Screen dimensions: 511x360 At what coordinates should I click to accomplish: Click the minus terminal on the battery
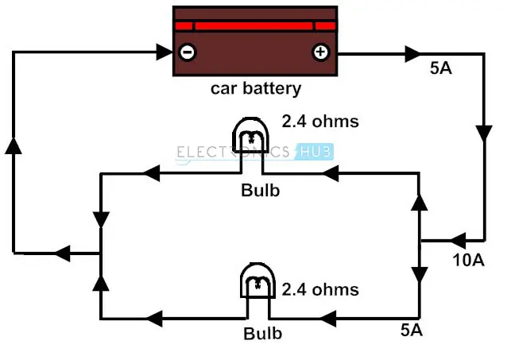point(188,52)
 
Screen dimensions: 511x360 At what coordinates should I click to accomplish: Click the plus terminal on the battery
point(321,52)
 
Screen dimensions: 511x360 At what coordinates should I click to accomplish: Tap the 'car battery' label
point(256,88)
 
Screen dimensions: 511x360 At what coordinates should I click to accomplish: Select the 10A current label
point(468,260)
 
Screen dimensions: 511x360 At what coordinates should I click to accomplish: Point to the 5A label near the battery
point(440,68)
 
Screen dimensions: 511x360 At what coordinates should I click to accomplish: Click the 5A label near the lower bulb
point(412,330)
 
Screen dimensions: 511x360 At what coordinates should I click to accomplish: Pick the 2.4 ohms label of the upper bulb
point(320,122)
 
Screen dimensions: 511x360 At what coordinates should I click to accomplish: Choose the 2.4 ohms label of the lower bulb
point(320,289)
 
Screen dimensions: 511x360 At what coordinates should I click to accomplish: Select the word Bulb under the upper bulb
point(261,190)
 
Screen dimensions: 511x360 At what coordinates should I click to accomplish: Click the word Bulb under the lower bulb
point(263,333)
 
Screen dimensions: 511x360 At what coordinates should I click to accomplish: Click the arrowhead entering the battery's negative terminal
point(165,52)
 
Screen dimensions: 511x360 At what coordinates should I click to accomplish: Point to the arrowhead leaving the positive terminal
point(412,54)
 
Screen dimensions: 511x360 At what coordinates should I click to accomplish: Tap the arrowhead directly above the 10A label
point(459,241)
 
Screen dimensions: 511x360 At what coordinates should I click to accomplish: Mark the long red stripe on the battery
point(254,26)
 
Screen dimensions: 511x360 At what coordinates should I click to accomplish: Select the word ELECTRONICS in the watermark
point(233,152)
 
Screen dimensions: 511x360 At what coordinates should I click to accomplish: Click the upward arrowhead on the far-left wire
point(14,145)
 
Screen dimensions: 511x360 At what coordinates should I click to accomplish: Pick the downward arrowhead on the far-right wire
point(484,134)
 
